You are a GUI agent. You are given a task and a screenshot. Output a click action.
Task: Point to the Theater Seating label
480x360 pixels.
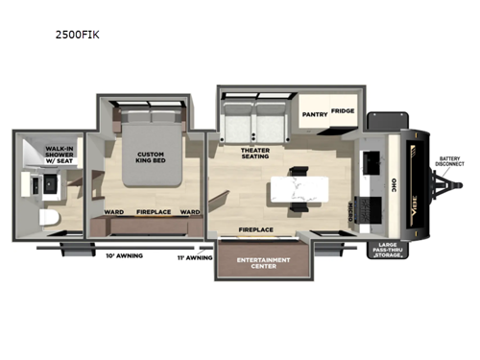[255, 154]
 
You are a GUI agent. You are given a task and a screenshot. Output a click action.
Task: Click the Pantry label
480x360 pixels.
[315, 112]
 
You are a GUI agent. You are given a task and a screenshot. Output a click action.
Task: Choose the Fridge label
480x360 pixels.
[343, 111]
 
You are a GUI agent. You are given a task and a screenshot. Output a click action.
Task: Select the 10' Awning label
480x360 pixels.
[123, 255]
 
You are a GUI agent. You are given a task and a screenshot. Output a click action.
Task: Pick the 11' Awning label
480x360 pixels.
[194, 257]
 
